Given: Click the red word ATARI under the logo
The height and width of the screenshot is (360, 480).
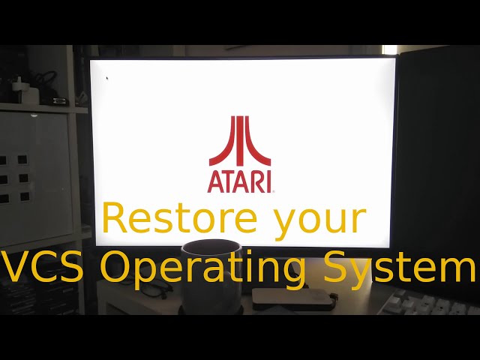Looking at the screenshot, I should coord(240,181).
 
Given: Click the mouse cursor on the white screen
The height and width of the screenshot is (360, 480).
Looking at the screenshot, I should coord(107,77).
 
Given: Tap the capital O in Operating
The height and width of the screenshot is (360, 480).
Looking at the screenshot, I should coord(116,267).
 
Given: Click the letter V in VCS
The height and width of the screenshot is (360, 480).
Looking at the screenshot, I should coord(15,267).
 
